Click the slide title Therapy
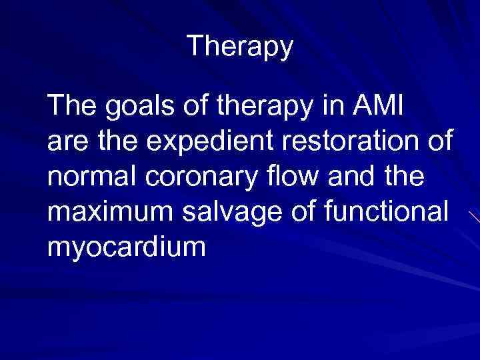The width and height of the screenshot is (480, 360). tap(239, 46)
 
